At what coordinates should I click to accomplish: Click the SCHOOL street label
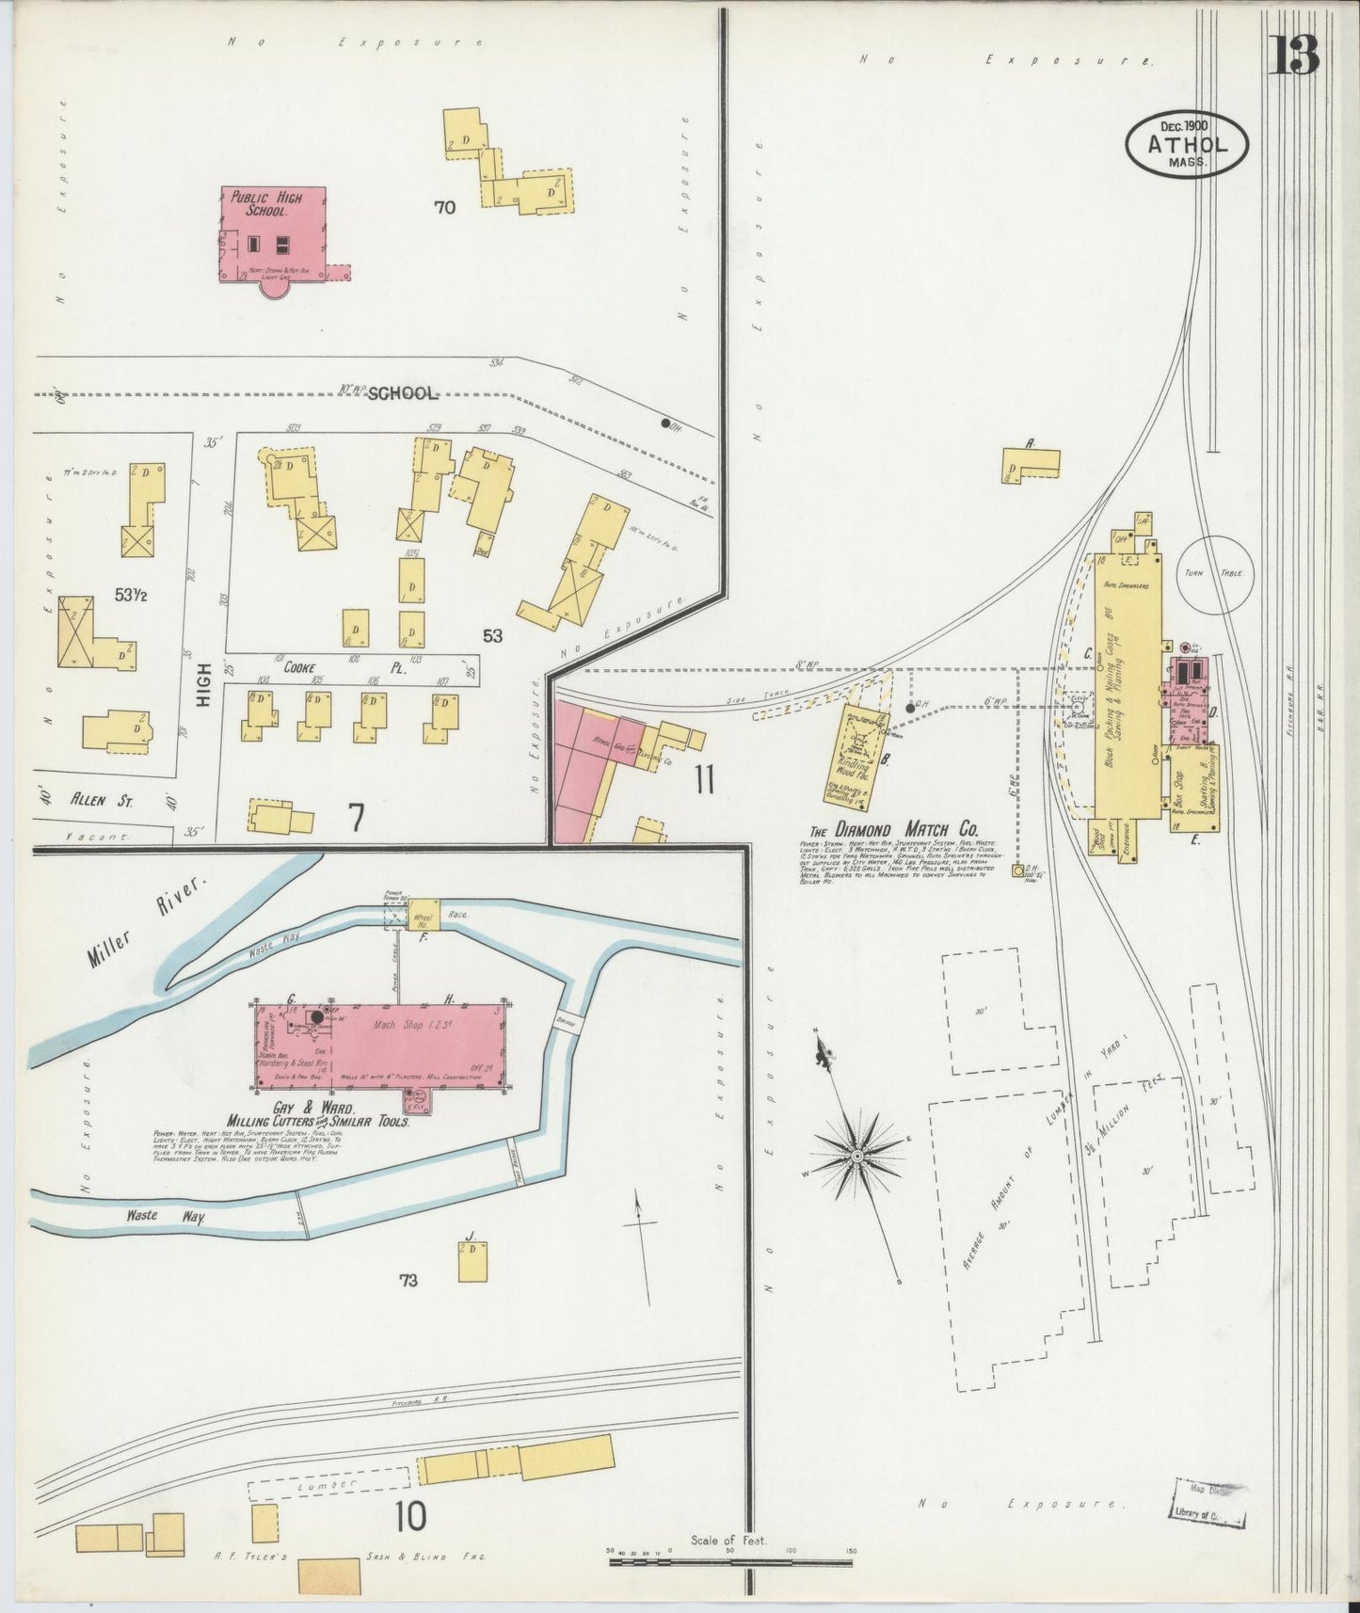click(402, 394)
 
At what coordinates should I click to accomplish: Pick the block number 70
click(444, 207)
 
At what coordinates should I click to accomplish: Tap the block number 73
click(408, 1280)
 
